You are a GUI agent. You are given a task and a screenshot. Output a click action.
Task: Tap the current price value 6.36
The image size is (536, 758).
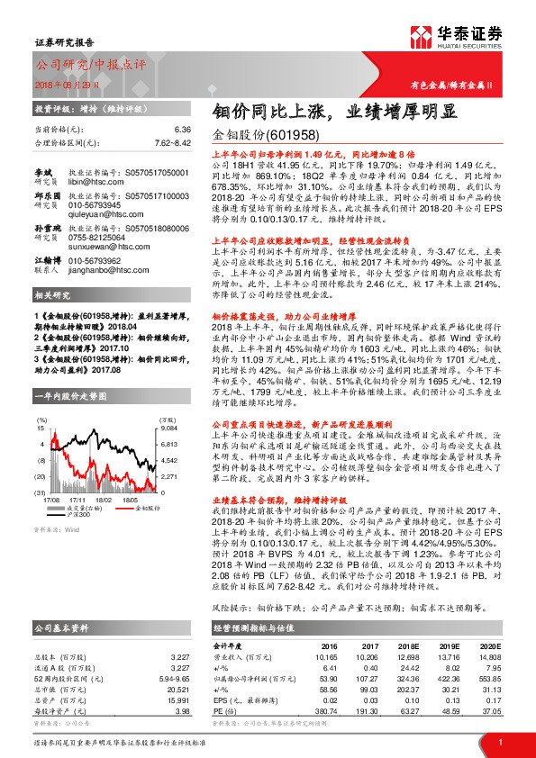(x=184, y=130)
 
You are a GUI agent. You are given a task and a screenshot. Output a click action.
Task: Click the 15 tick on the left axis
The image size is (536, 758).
(x=40, y=429)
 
